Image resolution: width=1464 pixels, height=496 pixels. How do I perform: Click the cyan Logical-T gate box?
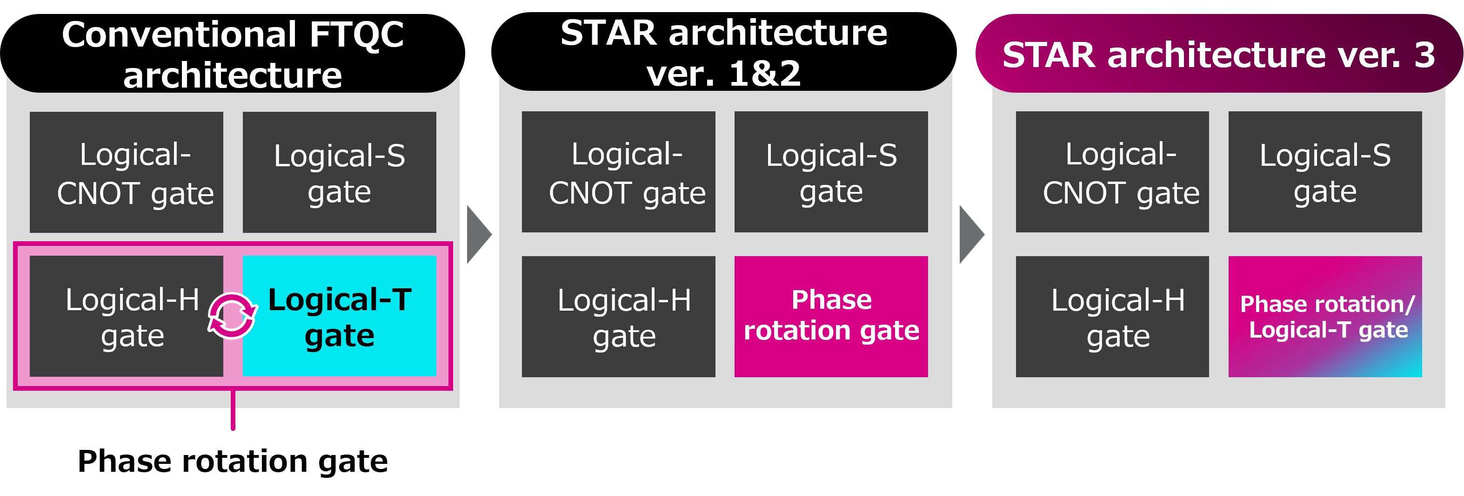coord(339,316)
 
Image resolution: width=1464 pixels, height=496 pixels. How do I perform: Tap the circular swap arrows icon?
coord(233,316)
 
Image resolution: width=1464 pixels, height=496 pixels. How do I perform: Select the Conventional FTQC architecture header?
coord(233,54)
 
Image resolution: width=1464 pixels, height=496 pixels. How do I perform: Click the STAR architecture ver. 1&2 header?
coord(723,52)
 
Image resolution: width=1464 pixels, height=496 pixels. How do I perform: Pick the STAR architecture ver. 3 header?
coord(1218,54)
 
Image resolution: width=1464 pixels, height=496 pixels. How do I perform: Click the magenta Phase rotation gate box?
coord(831,316)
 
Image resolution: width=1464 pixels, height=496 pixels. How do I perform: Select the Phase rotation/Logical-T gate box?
coord(1325,316)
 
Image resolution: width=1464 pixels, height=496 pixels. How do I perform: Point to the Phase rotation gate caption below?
coord(233,461)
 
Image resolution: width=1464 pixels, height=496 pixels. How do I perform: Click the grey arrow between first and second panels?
coord(478,234)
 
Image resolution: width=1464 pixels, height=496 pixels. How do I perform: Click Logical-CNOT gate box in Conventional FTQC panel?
coord(126,172)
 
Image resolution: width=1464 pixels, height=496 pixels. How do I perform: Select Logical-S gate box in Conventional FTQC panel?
coord(339,172)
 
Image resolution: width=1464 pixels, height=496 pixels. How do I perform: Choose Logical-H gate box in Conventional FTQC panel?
coord(126,316)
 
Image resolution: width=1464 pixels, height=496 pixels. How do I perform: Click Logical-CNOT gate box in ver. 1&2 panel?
coord(618,172)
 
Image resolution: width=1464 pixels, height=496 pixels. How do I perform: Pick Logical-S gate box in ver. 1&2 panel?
coord(831,172)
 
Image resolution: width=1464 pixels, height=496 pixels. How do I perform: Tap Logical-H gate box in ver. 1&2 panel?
coord(618,316)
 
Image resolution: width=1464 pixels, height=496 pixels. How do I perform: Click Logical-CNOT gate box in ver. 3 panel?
coord(1112,172)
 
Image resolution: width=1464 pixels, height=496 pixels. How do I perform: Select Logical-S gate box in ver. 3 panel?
coord(1325,172)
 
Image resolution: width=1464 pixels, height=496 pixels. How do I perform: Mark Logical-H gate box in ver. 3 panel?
coord(1112,316)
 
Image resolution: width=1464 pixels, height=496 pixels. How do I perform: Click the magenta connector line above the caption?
coord(233,409)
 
